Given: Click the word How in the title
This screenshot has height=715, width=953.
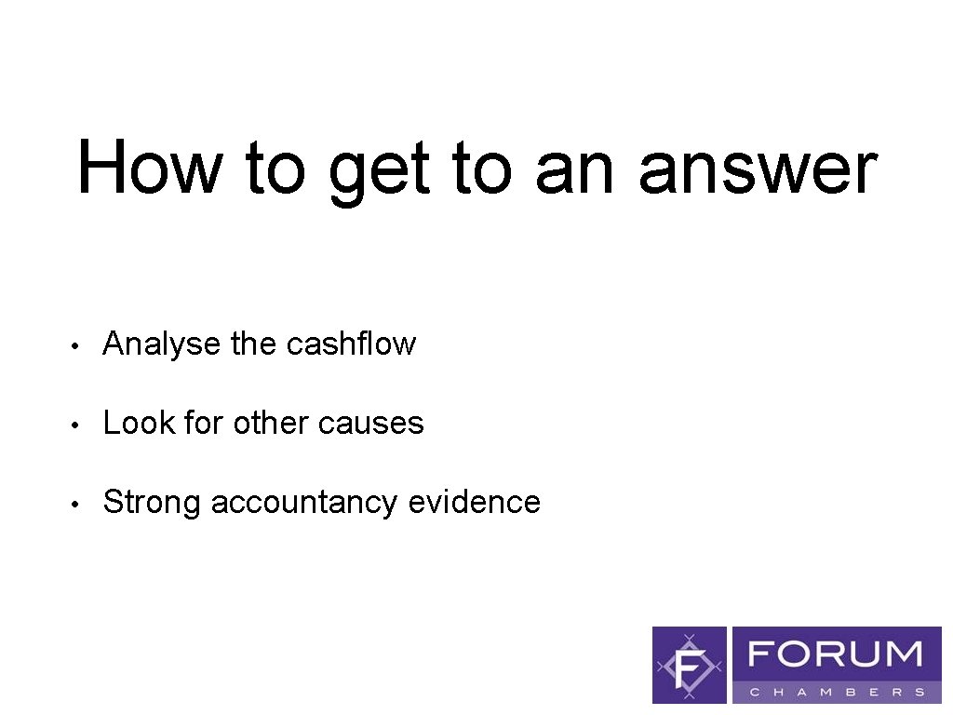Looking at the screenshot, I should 150,168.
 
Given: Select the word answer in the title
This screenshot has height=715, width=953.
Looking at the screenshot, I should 758,169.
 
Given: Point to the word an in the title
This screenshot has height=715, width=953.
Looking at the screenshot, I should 574,169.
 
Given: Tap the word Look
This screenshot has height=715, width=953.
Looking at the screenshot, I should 140,424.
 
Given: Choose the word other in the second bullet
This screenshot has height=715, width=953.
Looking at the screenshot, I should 272,424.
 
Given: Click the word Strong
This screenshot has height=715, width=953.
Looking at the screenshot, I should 153,503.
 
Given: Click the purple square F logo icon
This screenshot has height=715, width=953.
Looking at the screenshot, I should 690,665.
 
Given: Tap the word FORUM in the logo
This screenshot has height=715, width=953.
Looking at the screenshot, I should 836,654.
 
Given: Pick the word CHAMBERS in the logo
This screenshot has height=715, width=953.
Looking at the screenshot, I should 838,692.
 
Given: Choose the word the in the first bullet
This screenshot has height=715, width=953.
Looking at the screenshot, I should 253,344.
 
